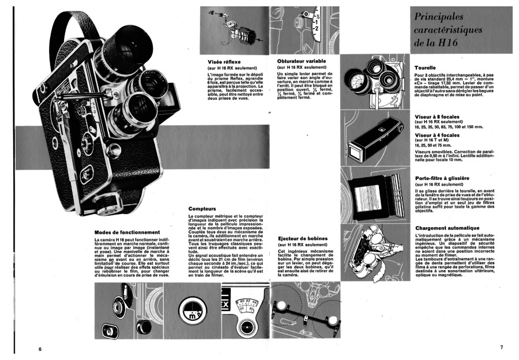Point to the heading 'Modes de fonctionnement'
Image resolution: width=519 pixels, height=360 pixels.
(x=123, y=232)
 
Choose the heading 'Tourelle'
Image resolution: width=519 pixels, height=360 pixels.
(x=425, y=67)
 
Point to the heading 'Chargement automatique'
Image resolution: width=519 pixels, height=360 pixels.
(x=447, y=228)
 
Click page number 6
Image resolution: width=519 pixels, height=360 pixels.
(x=40, y=349)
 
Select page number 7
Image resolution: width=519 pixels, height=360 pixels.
(x=501, y=347)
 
